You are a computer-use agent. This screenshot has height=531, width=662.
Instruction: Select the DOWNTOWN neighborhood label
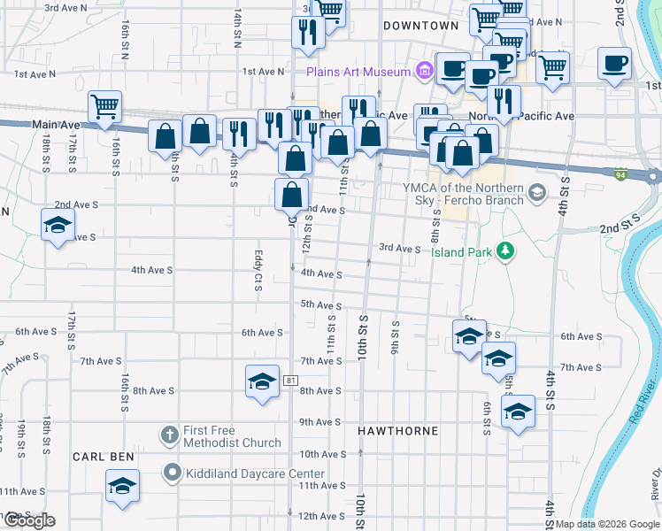[x=420, y=27]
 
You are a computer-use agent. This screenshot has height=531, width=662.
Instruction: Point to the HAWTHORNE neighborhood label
[x=397, y=431]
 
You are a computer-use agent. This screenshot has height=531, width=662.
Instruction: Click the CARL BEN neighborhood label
[x=103, y=457]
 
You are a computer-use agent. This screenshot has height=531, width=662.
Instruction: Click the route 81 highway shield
[x=290, y=381]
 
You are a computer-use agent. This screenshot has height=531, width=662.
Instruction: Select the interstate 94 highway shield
[x=622, y=174]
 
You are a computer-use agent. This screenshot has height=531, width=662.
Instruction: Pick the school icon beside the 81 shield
[x=262, y=381]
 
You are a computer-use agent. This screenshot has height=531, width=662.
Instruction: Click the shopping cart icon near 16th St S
[x=104, y=106]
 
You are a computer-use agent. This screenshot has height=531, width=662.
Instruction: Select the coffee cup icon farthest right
[x=613, y=63]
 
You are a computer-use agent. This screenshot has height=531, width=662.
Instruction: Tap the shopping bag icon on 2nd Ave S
[x=291, y=194]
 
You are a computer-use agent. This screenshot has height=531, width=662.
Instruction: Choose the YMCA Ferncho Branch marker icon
[x=535, y=192]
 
